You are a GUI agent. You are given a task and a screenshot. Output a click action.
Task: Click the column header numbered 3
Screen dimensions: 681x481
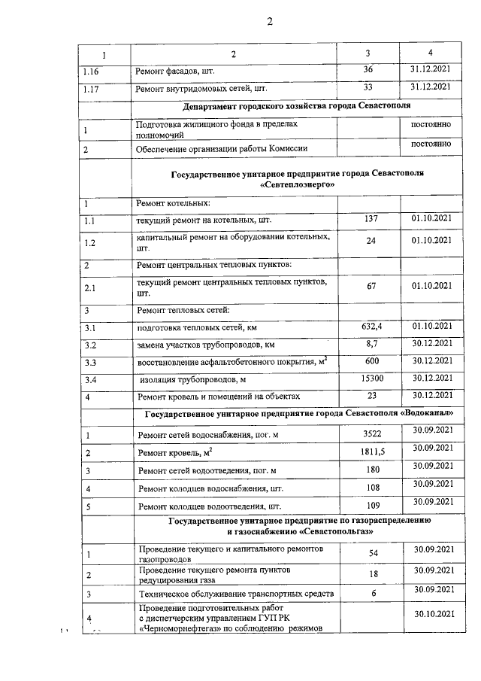(368, 53)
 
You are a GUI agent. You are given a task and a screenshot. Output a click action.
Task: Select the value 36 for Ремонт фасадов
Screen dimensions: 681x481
(368, 70)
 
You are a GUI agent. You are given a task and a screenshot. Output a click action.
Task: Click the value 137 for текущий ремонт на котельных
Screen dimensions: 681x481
(369, 218)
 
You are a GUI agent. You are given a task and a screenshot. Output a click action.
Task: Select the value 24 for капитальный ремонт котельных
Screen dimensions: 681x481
(371, 241)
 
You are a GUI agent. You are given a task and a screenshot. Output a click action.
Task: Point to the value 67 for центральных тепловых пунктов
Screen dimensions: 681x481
(371, 286)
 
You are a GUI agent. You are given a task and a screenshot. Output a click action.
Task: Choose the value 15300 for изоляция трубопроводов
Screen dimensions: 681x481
(371, 377)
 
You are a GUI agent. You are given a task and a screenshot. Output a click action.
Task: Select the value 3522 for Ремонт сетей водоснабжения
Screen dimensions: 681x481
(373, 433)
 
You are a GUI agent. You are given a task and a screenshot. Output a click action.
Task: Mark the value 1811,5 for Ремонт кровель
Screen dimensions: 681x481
(373, 451)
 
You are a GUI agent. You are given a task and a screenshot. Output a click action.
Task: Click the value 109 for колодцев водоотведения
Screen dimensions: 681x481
(373, 504)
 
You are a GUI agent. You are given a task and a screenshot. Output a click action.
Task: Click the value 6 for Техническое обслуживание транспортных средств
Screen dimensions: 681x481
(373, 593)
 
